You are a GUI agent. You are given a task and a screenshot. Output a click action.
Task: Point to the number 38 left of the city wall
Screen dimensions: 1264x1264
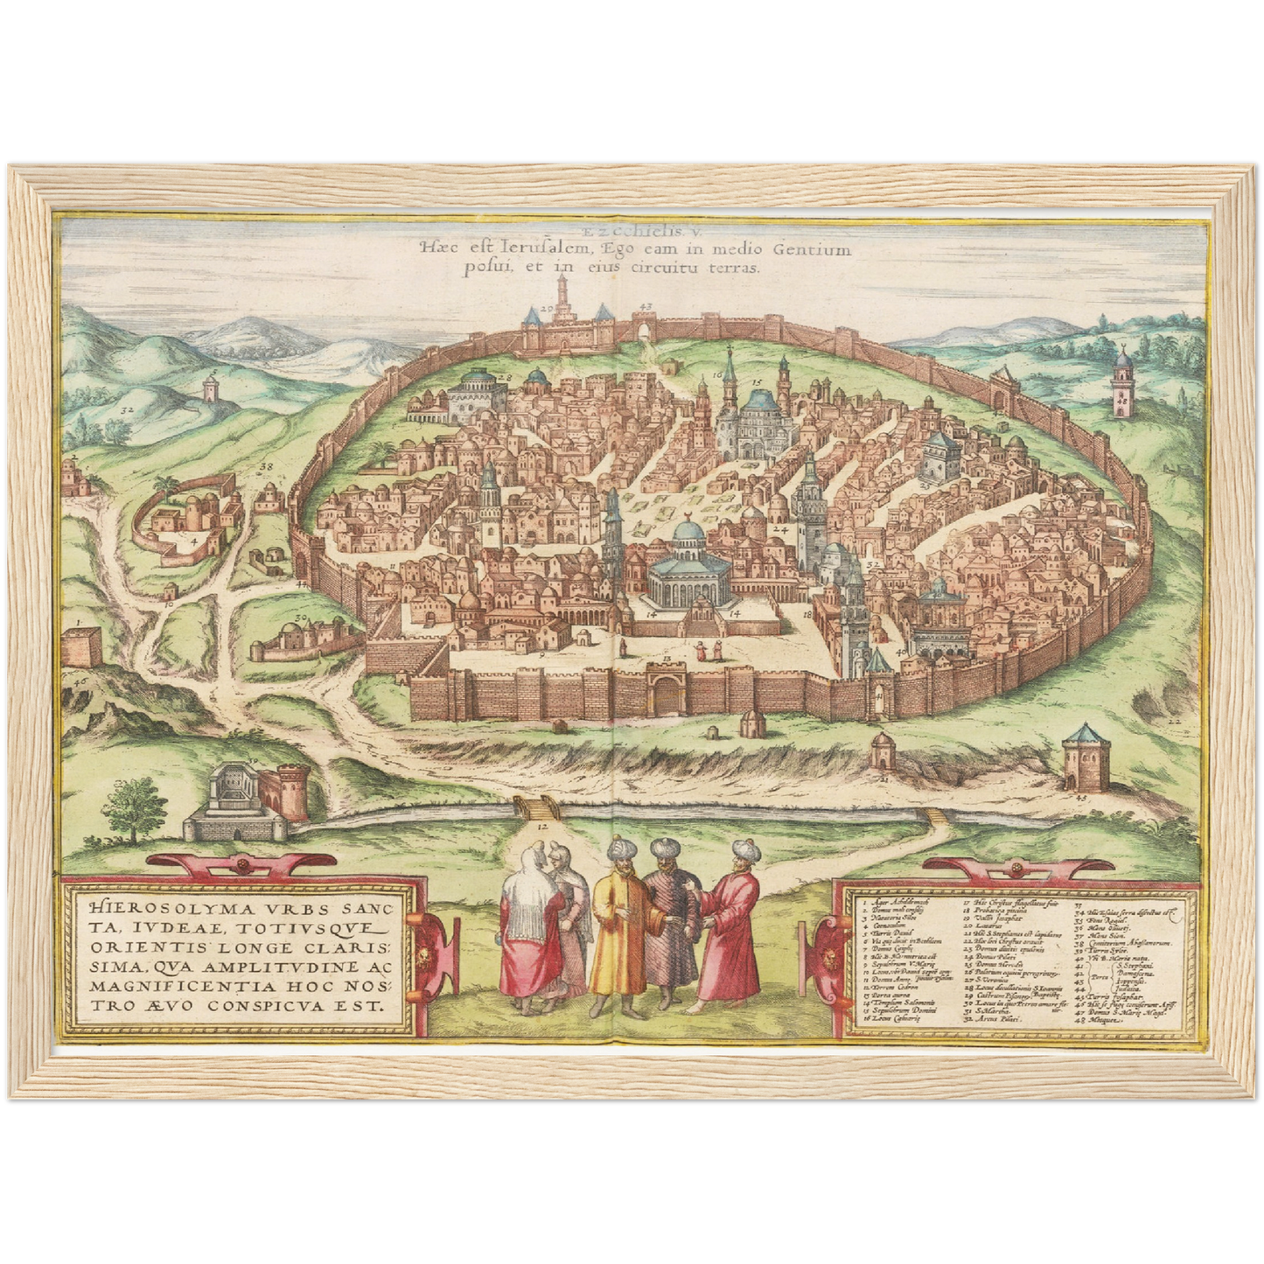266,467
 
